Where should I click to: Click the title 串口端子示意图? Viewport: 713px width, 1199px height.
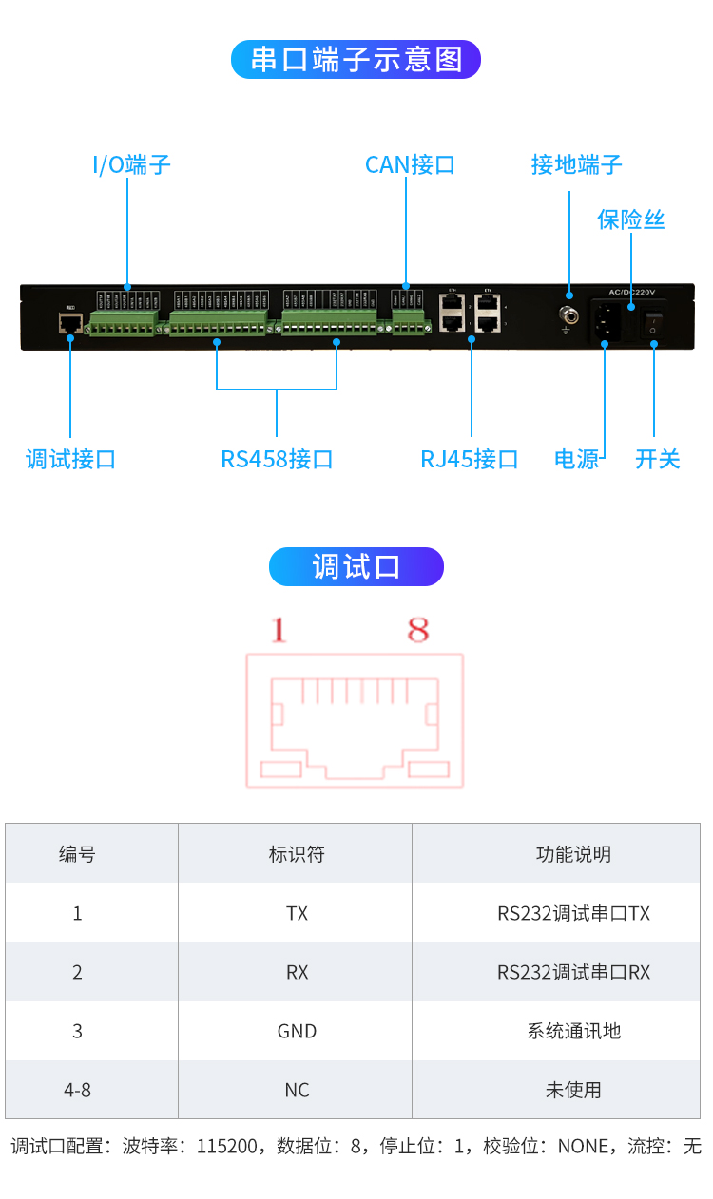tap(356, 59)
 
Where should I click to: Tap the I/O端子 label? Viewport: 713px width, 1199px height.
tap(131, 165)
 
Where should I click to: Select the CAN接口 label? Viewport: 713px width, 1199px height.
tap(410, 165)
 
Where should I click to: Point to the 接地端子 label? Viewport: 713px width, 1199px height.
tap(576, 165)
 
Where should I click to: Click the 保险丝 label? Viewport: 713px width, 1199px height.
tap(630, 220)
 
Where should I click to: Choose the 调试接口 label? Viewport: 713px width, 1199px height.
tap(70, 460)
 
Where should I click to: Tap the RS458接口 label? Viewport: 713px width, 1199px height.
tap(277, 460)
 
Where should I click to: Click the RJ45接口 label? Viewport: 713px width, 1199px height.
tap(470, 460)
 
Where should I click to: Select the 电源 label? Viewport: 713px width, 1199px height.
tap(577, 460)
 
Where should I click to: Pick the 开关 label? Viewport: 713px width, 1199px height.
tap(658, 460)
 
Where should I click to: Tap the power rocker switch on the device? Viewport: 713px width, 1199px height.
tap(653, 323)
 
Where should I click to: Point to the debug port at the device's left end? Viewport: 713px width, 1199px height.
tap(69, 323)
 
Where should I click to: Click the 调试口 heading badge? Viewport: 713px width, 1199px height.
tap(356, 567)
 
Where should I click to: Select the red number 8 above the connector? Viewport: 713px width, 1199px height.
tap(418, 630)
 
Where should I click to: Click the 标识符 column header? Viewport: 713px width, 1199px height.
tap(297, 854)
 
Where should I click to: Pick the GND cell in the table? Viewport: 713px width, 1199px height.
tap(297, 1031)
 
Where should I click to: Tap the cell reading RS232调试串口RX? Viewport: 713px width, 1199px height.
tap(573, 972)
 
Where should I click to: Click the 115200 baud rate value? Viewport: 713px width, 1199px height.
tap(228, 1147)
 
